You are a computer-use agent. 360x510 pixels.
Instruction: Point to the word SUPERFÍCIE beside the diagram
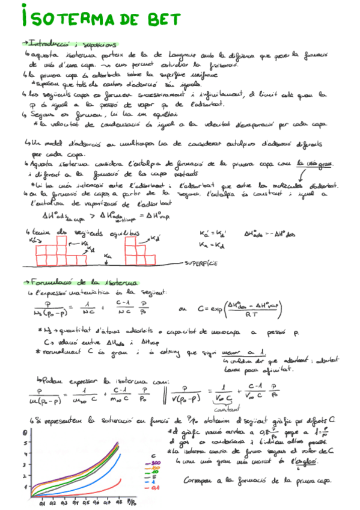[x=201, y=263]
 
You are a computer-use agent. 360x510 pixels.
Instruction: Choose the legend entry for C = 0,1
[x=156, y=488]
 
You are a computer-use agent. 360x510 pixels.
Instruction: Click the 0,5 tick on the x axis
[x=86, y=500]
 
